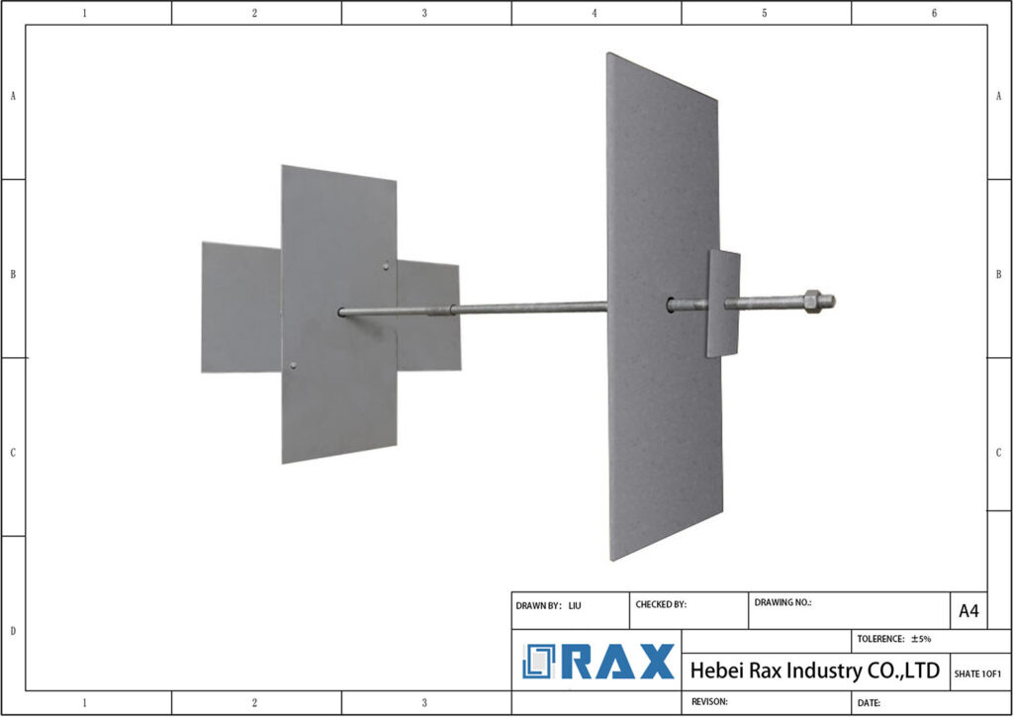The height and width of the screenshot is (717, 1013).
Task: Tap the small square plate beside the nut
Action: click(724, 303)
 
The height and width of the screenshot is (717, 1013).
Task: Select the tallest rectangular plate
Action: click(662, 307)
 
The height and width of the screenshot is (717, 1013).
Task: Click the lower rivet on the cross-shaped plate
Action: click(293, 366)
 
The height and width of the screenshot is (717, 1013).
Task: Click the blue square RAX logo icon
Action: click(540, 661)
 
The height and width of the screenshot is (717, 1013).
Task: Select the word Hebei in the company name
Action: click(717, 671)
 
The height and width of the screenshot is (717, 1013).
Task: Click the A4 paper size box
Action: click(968, 611)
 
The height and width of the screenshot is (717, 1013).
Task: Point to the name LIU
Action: click(575, 604)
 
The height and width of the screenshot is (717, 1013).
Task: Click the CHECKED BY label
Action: click(660, 604)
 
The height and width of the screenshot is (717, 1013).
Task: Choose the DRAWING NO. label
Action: click(783, 601)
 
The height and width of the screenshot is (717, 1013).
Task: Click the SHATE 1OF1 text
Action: click(977, 673)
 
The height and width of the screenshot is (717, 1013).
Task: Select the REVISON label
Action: click(708, 701)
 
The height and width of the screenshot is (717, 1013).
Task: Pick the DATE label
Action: click(870, 703)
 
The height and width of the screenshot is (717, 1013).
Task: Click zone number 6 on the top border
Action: click(934, 13)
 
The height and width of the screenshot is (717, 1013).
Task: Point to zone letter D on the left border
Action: click(12, 631)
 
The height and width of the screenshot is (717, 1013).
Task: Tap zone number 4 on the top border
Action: click(595, 13)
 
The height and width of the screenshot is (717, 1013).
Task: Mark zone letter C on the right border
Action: click(999, 452)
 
